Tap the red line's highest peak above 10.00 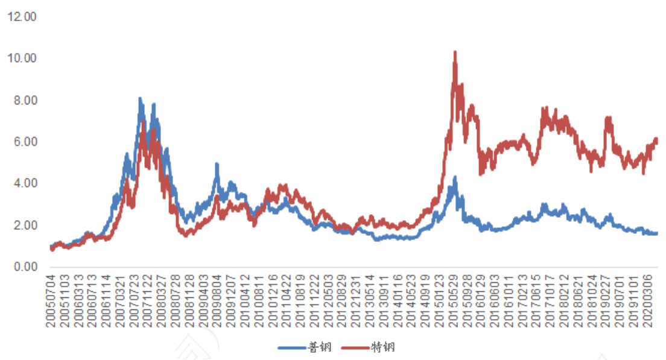pyautogui.click(x=455, y=52)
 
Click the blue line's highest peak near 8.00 pyautogui.click(x=140, y=98)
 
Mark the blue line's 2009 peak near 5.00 pyautogui.click(x=217, y=164)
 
